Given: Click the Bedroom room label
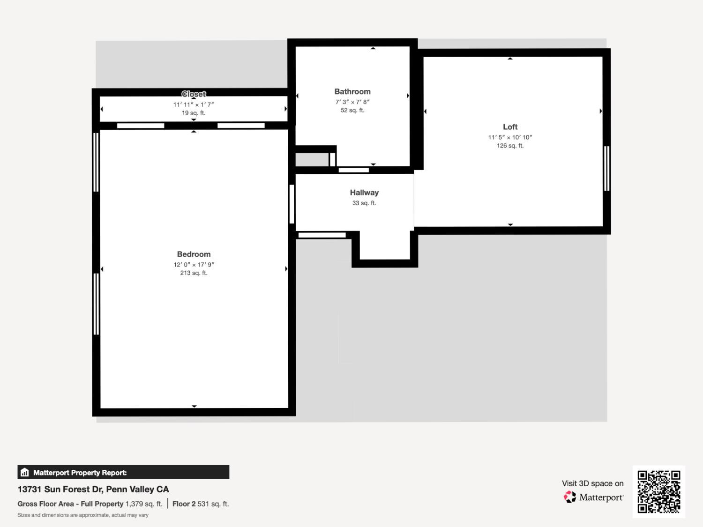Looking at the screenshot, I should (x=194, y=254).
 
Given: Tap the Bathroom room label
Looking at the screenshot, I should (x=352, y=92).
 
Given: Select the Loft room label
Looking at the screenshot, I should (x=510, y=127).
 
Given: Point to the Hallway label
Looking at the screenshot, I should (x=364, y=193).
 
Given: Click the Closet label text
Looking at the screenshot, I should (x=194, y=94).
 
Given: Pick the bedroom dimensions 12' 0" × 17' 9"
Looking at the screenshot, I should (x=194, y=265).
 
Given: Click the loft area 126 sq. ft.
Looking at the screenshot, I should (x=510, y=146).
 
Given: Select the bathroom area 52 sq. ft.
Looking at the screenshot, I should (x=352, y=111).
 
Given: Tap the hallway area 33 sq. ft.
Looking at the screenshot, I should (x=364, y=203).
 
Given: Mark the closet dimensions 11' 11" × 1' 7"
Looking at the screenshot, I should (x=194, y=105).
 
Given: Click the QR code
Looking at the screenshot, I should (x=658, y=491).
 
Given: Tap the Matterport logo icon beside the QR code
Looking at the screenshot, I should (x=569, y=497).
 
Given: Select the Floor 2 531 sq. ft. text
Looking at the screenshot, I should (x=201, y=504).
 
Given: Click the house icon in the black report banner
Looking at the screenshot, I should (x=25, y=472).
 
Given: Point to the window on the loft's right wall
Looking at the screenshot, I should (x=606, y=169).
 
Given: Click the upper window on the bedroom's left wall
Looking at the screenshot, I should (x=96, y=162).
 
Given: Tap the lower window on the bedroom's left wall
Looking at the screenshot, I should (x=96, y=304).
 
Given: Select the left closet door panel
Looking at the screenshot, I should (x=141, y=126).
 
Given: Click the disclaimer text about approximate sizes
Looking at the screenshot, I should (x=83, y=515).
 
